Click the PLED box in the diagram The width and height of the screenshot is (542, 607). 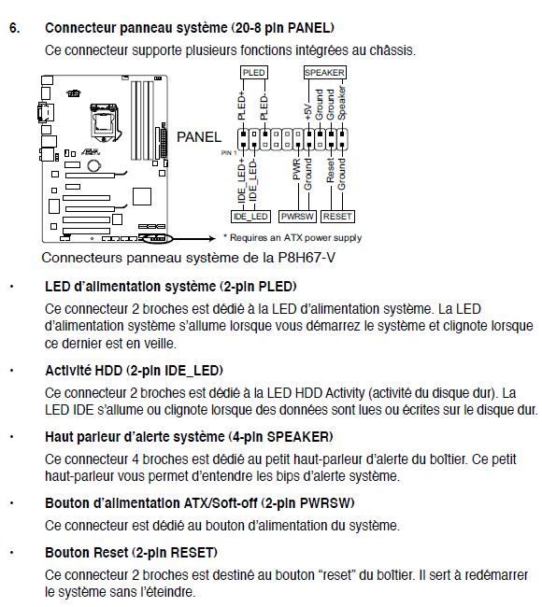click(254, 73)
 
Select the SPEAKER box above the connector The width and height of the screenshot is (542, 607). click(324, 73)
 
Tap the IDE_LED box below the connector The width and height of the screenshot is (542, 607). click(250, 217)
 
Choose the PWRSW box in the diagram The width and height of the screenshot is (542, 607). click(297, 217)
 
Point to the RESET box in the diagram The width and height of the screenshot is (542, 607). click(337, 217)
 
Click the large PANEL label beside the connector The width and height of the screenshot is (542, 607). click(199, 137)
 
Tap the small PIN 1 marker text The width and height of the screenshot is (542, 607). click(229, 153)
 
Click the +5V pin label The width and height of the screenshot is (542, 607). click(308, 111)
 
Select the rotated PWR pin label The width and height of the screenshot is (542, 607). click(297, 169)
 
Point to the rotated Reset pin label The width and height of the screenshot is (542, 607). click(331, 170)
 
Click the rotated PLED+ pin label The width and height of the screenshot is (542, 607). click(241, 106)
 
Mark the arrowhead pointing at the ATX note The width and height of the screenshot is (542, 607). click(212, 238)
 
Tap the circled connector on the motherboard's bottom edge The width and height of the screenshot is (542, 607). click(157, 239)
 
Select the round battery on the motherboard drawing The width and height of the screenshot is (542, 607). click(94, 165)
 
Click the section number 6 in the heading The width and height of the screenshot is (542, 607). click(14, 28)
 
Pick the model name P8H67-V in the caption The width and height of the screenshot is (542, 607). click(307, 258)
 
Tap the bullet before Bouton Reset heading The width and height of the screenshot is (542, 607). click(12, 553)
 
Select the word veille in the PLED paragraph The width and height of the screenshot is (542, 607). click(159, 344)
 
